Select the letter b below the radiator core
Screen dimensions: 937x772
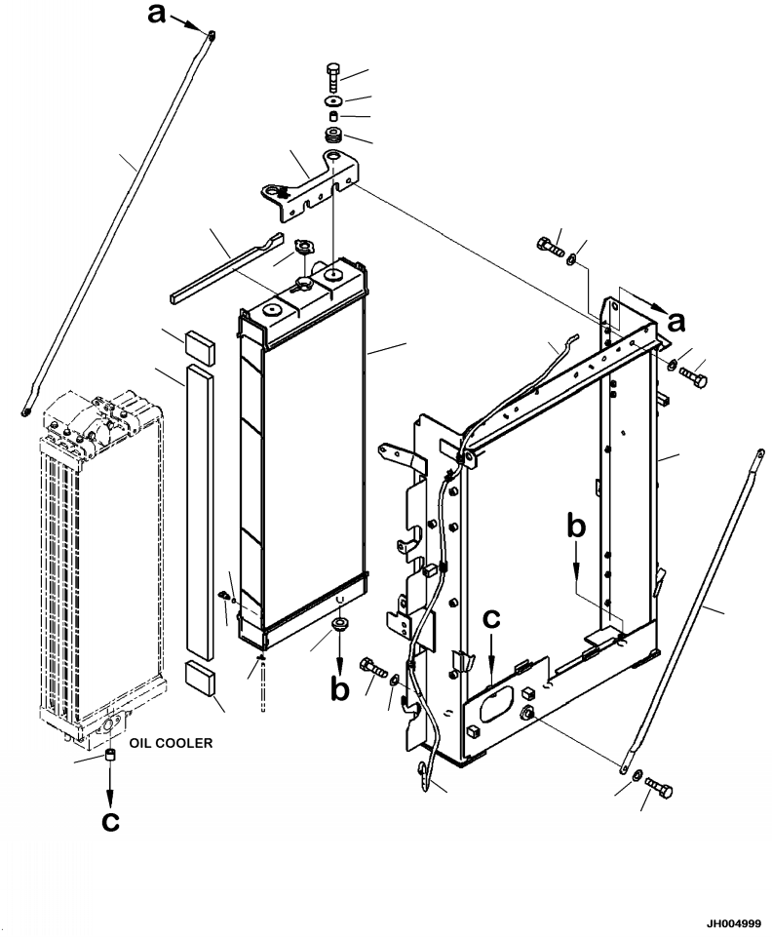[x=339, y=688]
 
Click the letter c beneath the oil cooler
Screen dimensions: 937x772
[x=111, y=821]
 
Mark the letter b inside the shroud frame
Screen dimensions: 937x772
[x=577, y=527]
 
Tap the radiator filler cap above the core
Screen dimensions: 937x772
[x=302, y=252]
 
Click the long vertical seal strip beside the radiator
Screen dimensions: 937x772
[x=198, y=507]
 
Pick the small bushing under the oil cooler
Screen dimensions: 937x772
[x=110, y=757]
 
